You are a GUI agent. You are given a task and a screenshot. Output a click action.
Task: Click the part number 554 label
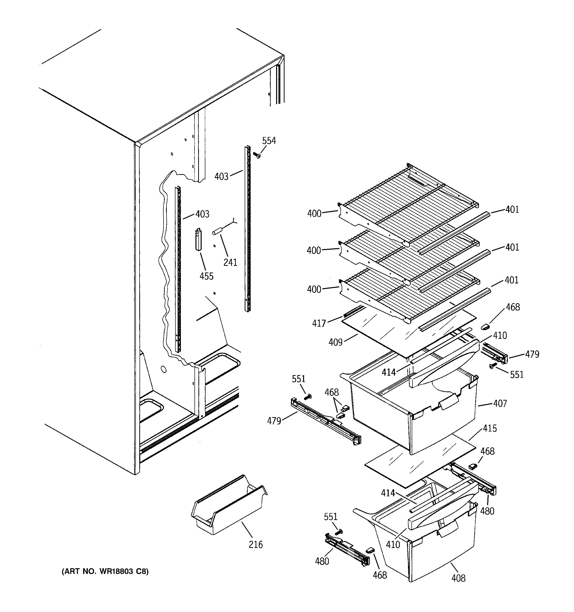coord(269,141)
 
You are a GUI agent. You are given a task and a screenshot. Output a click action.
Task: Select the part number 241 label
coord(230,262)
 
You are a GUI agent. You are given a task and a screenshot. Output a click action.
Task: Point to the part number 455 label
coord(206,276)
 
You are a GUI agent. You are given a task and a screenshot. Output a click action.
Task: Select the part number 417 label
coord(319,323)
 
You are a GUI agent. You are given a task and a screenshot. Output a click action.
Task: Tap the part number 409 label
coord(335,342)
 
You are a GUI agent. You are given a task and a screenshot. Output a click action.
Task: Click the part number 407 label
coord(500,403)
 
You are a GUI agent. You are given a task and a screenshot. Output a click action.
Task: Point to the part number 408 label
coord(458,578)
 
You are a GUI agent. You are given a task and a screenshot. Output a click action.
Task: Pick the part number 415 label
coord(490,428)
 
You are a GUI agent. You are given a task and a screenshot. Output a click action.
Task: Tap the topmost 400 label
coord(314,213)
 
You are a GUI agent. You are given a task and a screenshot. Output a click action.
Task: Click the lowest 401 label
coord(511,280)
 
